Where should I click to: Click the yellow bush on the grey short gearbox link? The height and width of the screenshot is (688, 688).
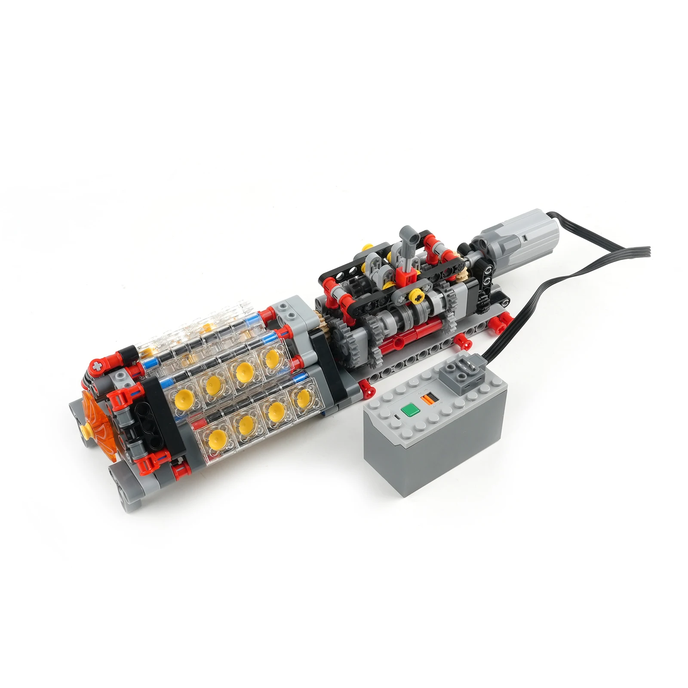click(416, 295)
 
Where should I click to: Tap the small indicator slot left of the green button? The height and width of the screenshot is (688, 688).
click(398, 416)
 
